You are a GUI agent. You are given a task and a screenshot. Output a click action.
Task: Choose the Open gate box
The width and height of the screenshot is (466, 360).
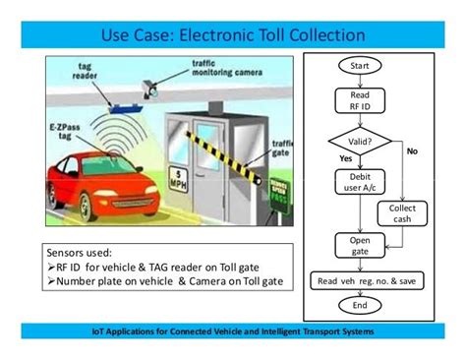point(353,246)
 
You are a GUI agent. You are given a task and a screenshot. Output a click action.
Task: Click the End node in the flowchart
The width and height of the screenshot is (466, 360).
point(359,305)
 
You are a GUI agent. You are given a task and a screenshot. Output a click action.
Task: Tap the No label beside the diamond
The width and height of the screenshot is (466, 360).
point(412,151)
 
